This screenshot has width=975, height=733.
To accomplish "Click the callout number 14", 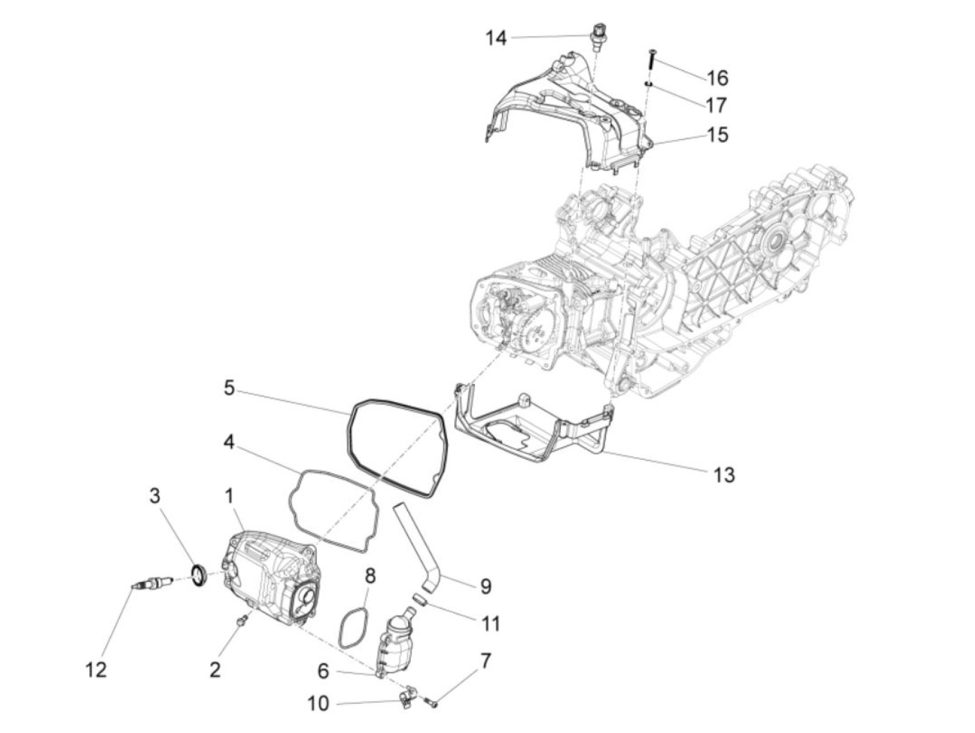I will pos(496,38).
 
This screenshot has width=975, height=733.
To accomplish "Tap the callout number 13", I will pos(724,475).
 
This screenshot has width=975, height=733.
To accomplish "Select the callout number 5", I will pos(229,387).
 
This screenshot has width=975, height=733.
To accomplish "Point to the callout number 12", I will pos(96,670).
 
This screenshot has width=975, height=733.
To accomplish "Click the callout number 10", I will pos(318,704).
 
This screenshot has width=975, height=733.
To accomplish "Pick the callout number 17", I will pos(716,105).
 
